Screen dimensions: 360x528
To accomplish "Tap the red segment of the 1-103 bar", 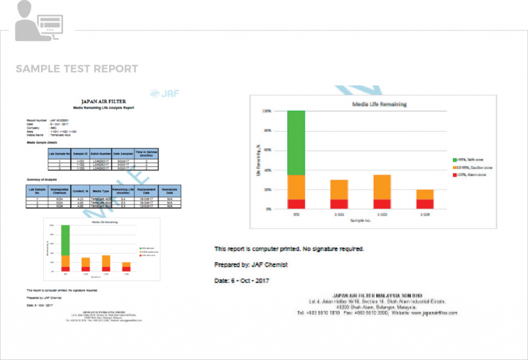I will coord(425,204).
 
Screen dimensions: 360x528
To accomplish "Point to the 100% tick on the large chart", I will coord(267,111).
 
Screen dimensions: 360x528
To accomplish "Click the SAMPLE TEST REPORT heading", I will coord(77,69).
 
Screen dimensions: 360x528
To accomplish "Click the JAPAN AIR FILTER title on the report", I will coord(103,102).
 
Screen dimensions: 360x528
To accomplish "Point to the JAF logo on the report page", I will coord(164,93).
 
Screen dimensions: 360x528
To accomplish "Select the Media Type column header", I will coord(101,190).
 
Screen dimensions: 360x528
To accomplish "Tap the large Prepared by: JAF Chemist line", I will coord(251,265).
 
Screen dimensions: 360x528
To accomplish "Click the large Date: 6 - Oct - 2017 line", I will coord(242,281).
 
